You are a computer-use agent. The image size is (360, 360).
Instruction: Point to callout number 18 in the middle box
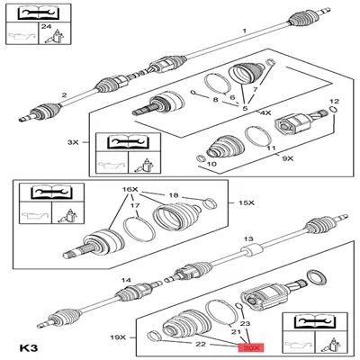(x=175, y=193)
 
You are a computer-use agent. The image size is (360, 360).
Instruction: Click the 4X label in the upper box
(x=265, y=113)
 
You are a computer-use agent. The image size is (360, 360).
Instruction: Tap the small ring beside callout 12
(x=334, y=112)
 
